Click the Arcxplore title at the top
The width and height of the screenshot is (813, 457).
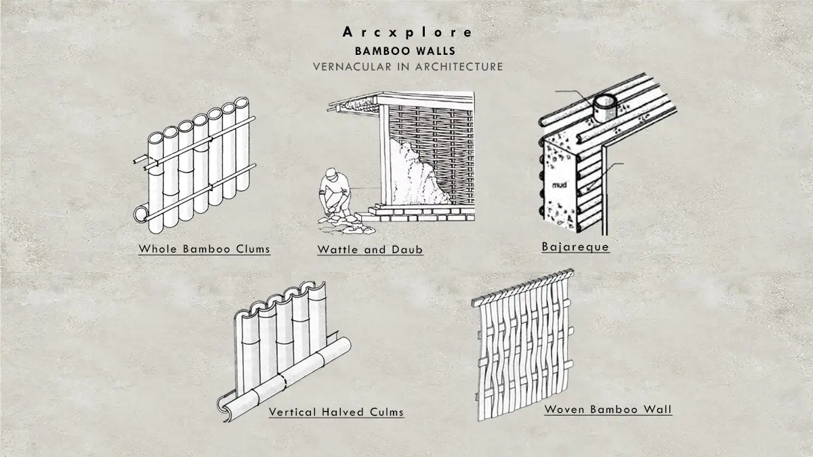pyautogui.click(x=407, y=32)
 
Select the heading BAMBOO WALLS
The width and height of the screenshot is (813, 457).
pyautogui.click(x=406, y=51)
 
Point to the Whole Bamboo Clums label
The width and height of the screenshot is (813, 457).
pyautogui.click(x=204, y=249)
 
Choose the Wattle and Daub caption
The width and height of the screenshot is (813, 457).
pyautogui.click(x=370, y=250)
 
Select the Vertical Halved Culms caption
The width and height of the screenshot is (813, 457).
pyautogui.click(x=336, y=412)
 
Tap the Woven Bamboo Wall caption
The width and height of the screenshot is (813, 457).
pyautogui.click(x=608, y=409)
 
